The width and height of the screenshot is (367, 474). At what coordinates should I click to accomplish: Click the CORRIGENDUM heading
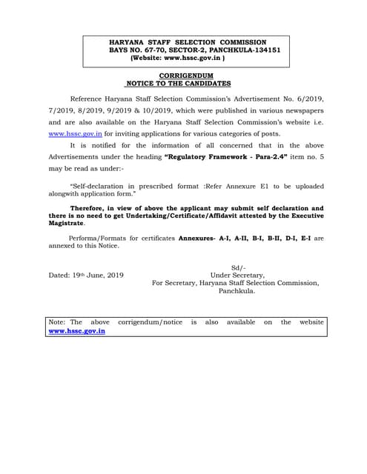pos(186,76)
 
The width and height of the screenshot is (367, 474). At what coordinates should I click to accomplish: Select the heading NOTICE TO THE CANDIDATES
pos(179,84)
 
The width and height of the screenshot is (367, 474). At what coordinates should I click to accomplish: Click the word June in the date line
pos(99,275)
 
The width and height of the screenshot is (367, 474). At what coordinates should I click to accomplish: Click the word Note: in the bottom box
pos(56,322)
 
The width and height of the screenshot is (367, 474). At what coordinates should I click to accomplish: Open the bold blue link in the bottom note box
pos(76,331)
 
